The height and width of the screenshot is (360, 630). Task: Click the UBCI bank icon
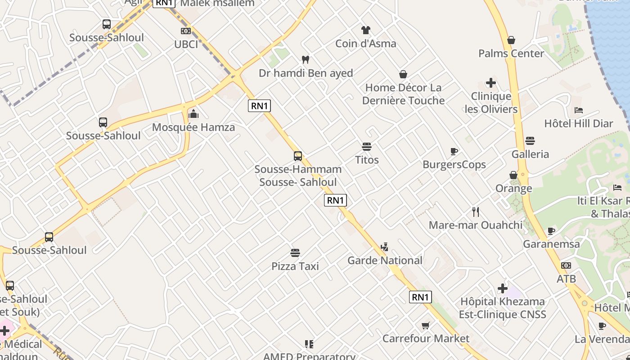(185, 31)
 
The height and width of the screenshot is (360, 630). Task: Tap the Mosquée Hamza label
(193, 127)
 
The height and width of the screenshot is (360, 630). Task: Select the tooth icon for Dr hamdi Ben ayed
(306, 59)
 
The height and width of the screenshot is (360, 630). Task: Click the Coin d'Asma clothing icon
(365, 30)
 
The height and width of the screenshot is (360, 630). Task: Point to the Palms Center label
(511, 54)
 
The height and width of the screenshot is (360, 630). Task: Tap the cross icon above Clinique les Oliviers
(491, 83)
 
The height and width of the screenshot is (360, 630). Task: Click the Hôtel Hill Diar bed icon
(579, 110)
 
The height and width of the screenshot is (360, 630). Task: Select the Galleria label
(530, 154)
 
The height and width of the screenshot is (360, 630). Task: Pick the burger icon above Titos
(367, 147)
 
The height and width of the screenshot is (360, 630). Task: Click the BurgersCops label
(454, 165)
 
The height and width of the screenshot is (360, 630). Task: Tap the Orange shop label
(513, 188)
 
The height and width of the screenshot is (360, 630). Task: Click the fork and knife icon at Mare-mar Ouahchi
(476, 211)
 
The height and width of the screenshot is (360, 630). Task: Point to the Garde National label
(385, 260)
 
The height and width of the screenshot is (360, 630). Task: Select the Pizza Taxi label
(295, 266)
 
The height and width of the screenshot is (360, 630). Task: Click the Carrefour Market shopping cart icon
(426, 325)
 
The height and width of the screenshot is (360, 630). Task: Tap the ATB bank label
(566, 279)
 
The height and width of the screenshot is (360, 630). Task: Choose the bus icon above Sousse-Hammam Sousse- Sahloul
(298, 156)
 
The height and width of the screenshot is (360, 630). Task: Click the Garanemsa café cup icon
(551, 231)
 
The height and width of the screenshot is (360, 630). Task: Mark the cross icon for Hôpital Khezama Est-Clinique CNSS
(503, 288)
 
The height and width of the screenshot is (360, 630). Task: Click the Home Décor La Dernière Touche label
(403, 94)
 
